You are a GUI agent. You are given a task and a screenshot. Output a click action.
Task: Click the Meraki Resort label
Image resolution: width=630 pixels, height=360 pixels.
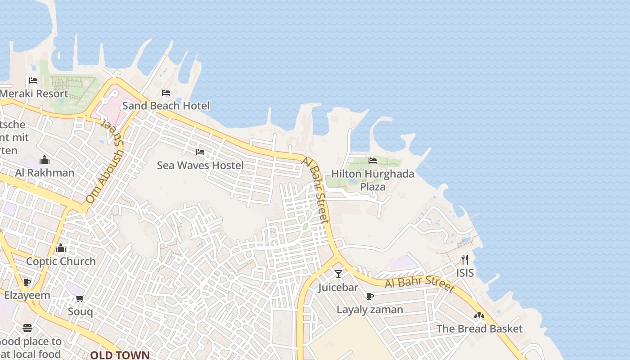coord(34,94)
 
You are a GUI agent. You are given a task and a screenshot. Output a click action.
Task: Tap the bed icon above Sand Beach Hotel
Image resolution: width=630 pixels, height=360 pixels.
coord(166,93)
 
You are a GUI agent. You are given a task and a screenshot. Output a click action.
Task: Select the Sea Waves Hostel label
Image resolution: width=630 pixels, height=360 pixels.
coord(200,165)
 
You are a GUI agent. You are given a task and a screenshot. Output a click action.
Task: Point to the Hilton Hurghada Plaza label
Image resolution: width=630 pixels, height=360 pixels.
coord(373,180)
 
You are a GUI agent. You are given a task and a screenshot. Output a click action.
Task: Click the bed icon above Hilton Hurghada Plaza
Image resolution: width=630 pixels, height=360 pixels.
coord(373,160)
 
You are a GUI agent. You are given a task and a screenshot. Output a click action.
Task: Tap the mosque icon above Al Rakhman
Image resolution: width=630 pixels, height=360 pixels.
coord(44,160)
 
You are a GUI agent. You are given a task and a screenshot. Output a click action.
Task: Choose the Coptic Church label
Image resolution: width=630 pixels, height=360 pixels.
coord(61,261)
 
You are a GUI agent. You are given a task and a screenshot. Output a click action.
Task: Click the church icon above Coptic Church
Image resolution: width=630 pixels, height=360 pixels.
coord(61,248)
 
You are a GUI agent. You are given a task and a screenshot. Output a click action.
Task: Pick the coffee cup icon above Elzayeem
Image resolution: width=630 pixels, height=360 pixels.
coord(27,283)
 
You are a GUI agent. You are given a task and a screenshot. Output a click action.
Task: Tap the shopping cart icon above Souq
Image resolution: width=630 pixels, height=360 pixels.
coord(80,298)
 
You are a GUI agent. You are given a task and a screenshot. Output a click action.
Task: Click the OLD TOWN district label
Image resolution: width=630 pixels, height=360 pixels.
coord(120,355)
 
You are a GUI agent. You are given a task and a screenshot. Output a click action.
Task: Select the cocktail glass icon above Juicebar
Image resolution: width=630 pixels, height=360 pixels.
coord(338,274)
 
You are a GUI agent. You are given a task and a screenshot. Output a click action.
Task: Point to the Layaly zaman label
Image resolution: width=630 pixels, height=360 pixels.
coord(370,310)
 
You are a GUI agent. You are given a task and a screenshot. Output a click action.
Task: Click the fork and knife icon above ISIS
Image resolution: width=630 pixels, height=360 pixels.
coord(465,260)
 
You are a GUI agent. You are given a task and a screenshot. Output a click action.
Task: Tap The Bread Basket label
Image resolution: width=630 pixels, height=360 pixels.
coord(480,328)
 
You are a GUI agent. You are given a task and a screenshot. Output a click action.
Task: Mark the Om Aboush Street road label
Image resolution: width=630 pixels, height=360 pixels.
coord(105,164)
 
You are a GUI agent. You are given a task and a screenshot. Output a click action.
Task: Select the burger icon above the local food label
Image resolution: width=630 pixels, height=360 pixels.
coord(27,328)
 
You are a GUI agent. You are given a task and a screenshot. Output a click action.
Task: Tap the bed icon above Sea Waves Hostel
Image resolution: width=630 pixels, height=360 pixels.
coord(200,152)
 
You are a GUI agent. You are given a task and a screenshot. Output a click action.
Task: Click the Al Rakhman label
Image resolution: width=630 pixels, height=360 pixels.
coord(45,173)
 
